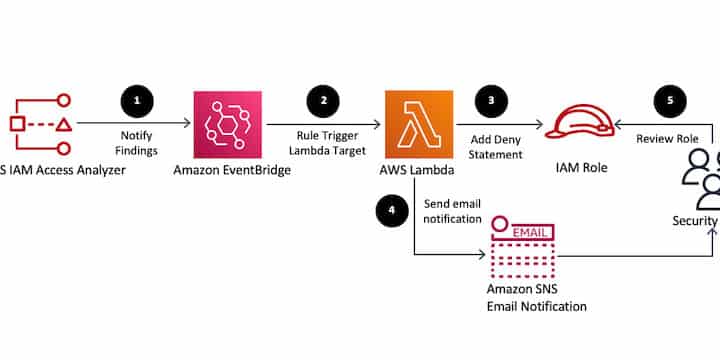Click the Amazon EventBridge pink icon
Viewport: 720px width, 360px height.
[x=227, y=125]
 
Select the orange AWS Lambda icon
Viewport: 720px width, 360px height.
[x=418, y=125]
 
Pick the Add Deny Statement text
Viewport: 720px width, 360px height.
[x=496, y=147]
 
